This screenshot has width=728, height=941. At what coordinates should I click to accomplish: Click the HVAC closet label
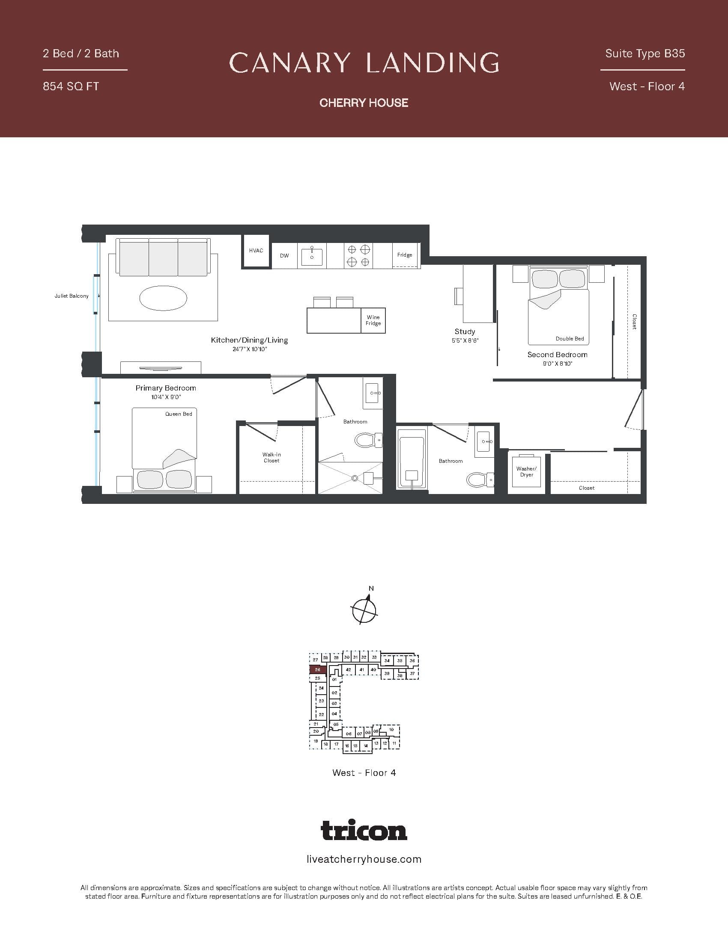point(256,250)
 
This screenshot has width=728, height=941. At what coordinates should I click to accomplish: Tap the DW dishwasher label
point(284,255)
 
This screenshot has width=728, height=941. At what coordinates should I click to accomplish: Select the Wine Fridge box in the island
point(373,320)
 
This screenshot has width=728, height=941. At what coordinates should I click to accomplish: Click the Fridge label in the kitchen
point(405,254)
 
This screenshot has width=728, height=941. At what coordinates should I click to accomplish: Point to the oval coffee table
point(164,297)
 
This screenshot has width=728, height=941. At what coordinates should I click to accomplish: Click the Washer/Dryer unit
point(526,471)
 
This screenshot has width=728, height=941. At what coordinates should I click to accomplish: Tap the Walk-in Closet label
point(271,458)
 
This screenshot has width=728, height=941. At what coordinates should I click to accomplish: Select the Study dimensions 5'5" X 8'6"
point(465,340)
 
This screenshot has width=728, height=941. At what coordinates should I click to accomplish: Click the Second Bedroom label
point(557,355)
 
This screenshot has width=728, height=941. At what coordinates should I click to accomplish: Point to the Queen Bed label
point(179,414)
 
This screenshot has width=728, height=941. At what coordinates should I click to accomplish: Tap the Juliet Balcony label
point(71,296)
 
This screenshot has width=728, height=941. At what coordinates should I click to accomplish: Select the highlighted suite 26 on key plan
point(317,669)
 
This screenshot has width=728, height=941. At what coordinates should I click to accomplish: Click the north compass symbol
point(364,609)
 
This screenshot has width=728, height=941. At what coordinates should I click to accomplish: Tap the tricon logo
point(364,830)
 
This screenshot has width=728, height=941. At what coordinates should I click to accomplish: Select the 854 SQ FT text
point(71,86)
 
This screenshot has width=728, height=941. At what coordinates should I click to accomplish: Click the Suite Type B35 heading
point(645,53)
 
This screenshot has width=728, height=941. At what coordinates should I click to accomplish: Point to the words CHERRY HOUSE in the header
point(364,103)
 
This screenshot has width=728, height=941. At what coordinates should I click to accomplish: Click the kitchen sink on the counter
point(311,256)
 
